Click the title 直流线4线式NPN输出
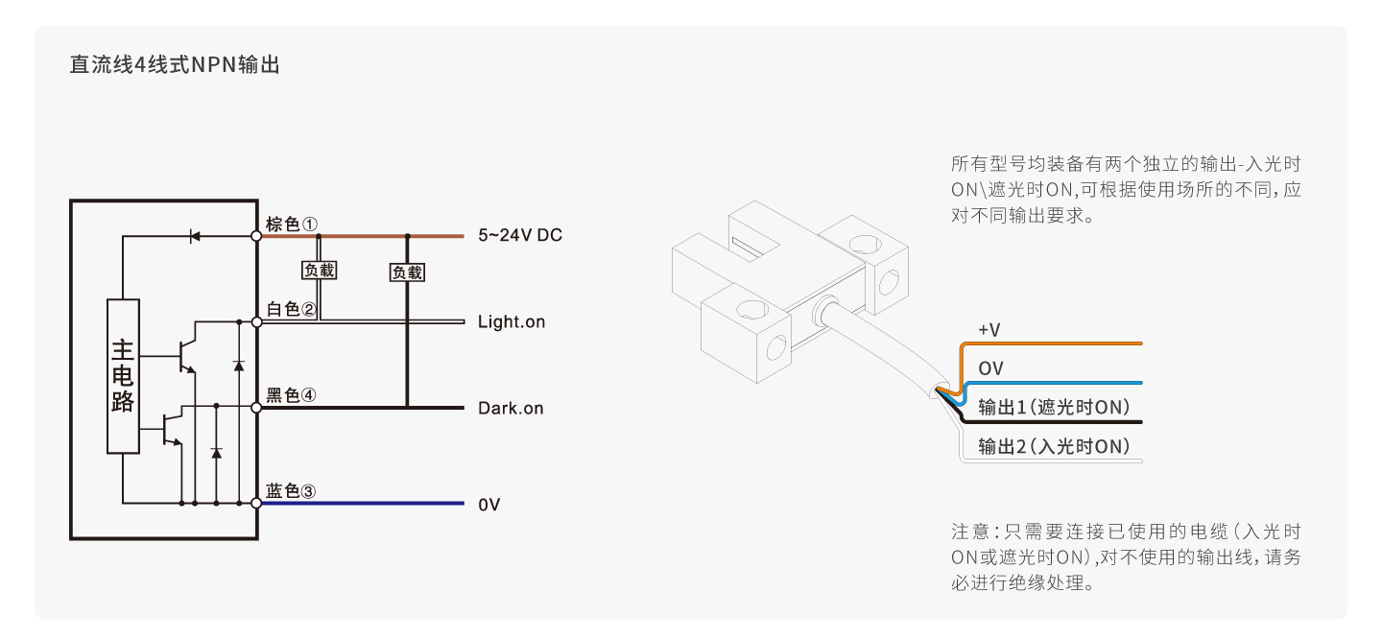[x=174, y=66]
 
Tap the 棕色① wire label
[x=292, y=224]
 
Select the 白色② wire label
[x=292, y=309]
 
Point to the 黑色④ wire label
[x=292, y=395]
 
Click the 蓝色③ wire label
[x=292, y=491]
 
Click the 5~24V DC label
[x=519, y=236]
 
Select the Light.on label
[x=511, y=322]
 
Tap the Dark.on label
[x=511, y=409]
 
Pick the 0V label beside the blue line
[x=488, y=505]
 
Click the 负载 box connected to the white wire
[x=320, y=271]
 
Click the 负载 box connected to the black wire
[x=407, y=272]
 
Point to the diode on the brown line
[x=196, y=235]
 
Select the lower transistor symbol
[x=172, y=428]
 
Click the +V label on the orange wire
[x=989, y=330]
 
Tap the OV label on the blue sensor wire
[x=990, y=368]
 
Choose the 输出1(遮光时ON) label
[x=1054, y=408]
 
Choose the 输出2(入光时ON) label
[x=1054, y=446]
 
